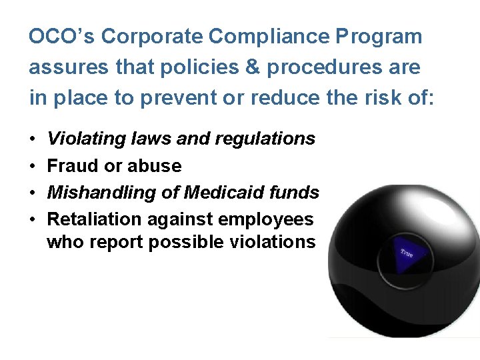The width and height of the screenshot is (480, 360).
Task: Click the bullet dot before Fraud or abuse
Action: [33, 166]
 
